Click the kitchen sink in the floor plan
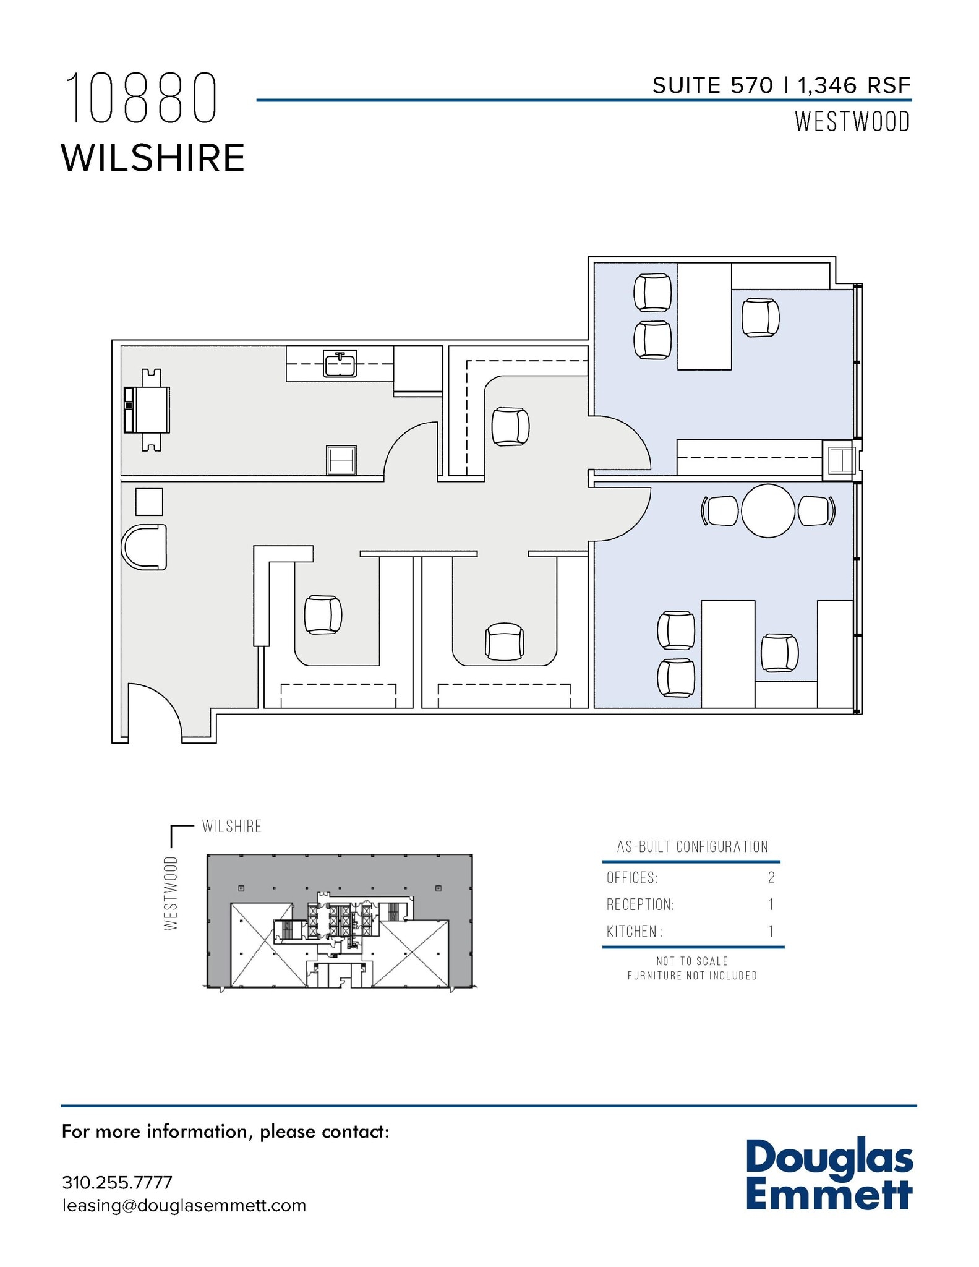coord(340,363)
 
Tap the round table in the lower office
coord(767,511)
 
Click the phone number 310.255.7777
coord(117,1182)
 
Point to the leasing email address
coord(184,1205)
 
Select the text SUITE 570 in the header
coord(712,85)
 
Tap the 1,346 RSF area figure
coord(853,85)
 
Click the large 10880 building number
coord(142,98)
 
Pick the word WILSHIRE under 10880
coord(153,158)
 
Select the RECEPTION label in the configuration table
coord(639,904)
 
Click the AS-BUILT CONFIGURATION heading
coord(692,847)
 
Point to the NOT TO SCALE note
coord(692,961)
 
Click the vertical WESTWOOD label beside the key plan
coord(171,893)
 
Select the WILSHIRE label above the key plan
coord(231,827)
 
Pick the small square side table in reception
coord(149,502)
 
